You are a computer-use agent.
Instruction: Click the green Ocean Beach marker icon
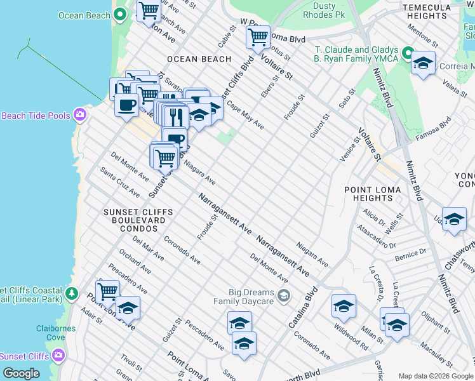coord(119,15)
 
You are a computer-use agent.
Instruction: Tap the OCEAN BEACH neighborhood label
coord(199,59)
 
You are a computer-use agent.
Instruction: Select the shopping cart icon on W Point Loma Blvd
coord(258,38)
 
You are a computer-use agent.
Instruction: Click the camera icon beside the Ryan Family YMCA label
coord(407,54)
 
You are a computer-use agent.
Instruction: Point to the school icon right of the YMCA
coord(424,64)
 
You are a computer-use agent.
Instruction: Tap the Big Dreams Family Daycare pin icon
coord(283,295)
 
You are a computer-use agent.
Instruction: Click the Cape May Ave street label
coord(245,116)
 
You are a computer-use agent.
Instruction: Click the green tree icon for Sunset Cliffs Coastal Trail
coord(72,293)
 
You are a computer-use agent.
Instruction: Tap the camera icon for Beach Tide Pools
coord(79,115)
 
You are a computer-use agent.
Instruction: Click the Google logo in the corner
coord(21,373)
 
